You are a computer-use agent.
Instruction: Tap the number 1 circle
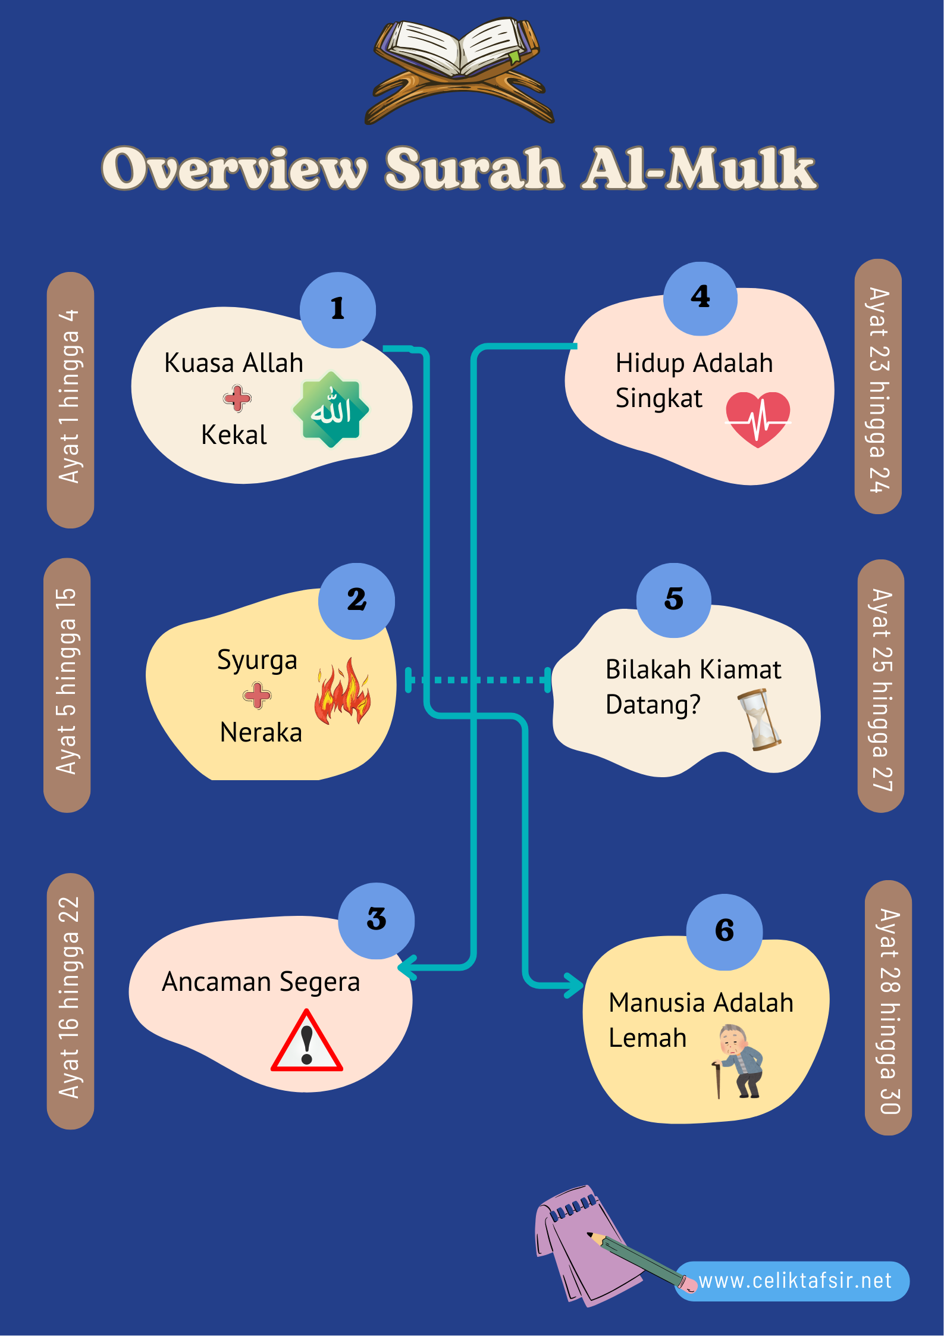pyautogui.click(x=338, y=309)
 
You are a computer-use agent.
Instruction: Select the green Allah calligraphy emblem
pyautogui.click(x=331, y=409)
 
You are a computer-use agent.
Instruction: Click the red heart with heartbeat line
pyautogui.click(x=758, y=418)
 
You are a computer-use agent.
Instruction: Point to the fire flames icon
pyautogui.click(x=343, y=692)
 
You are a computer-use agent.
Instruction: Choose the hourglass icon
pyautogui.click(x=759, y=720)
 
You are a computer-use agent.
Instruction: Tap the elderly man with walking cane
pyautogui.click(x=739, y=1061)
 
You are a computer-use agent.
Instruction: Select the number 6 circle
pyautogui.click(x=724, y=931)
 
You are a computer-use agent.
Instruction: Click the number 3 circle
pyautogui.click(x=377, y=920)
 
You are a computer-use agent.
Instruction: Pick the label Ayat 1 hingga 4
pyautogui.click(x=70, y=399)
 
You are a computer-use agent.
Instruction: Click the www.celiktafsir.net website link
pyautogui.click(x=795, y=1281)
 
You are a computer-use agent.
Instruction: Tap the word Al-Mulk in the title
pyautogui.click(x=699, y=169)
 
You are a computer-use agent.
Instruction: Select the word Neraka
pyautogui.click(x=261, y=733)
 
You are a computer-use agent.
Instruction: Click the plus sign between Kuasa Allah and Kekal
pyautogui.click(x=237, y=399)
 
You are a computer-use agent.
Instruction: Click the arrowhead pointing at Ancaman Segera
pyautogui.click(x=406, y=967)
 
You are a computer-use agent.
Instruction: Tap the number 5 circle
pyautogui.click(x=673, y=600)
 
